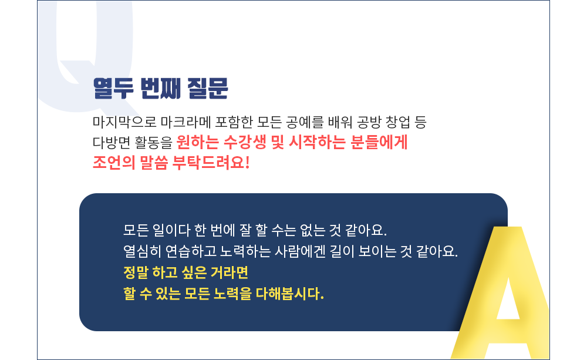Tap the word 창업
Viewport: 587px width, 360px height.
398,122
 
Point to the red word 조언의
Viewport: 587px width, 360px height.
114,163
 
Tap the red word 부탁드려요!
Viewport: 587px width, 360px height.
211,163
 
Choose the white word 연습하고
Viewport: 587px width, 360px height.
191,251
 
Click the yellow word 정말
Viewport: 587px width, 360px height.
136,272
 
